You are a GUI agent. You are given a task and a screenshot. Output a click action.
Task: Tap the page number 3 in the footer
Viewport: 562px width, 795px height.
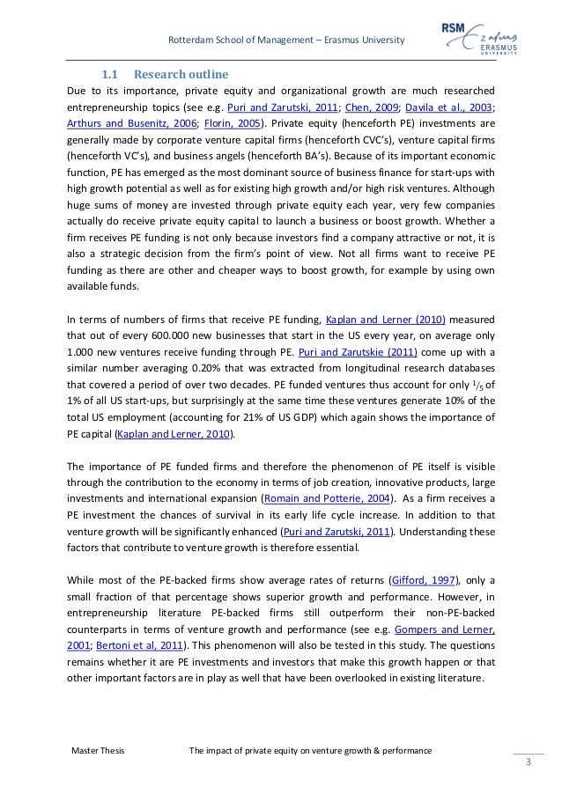coord(528,762)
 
